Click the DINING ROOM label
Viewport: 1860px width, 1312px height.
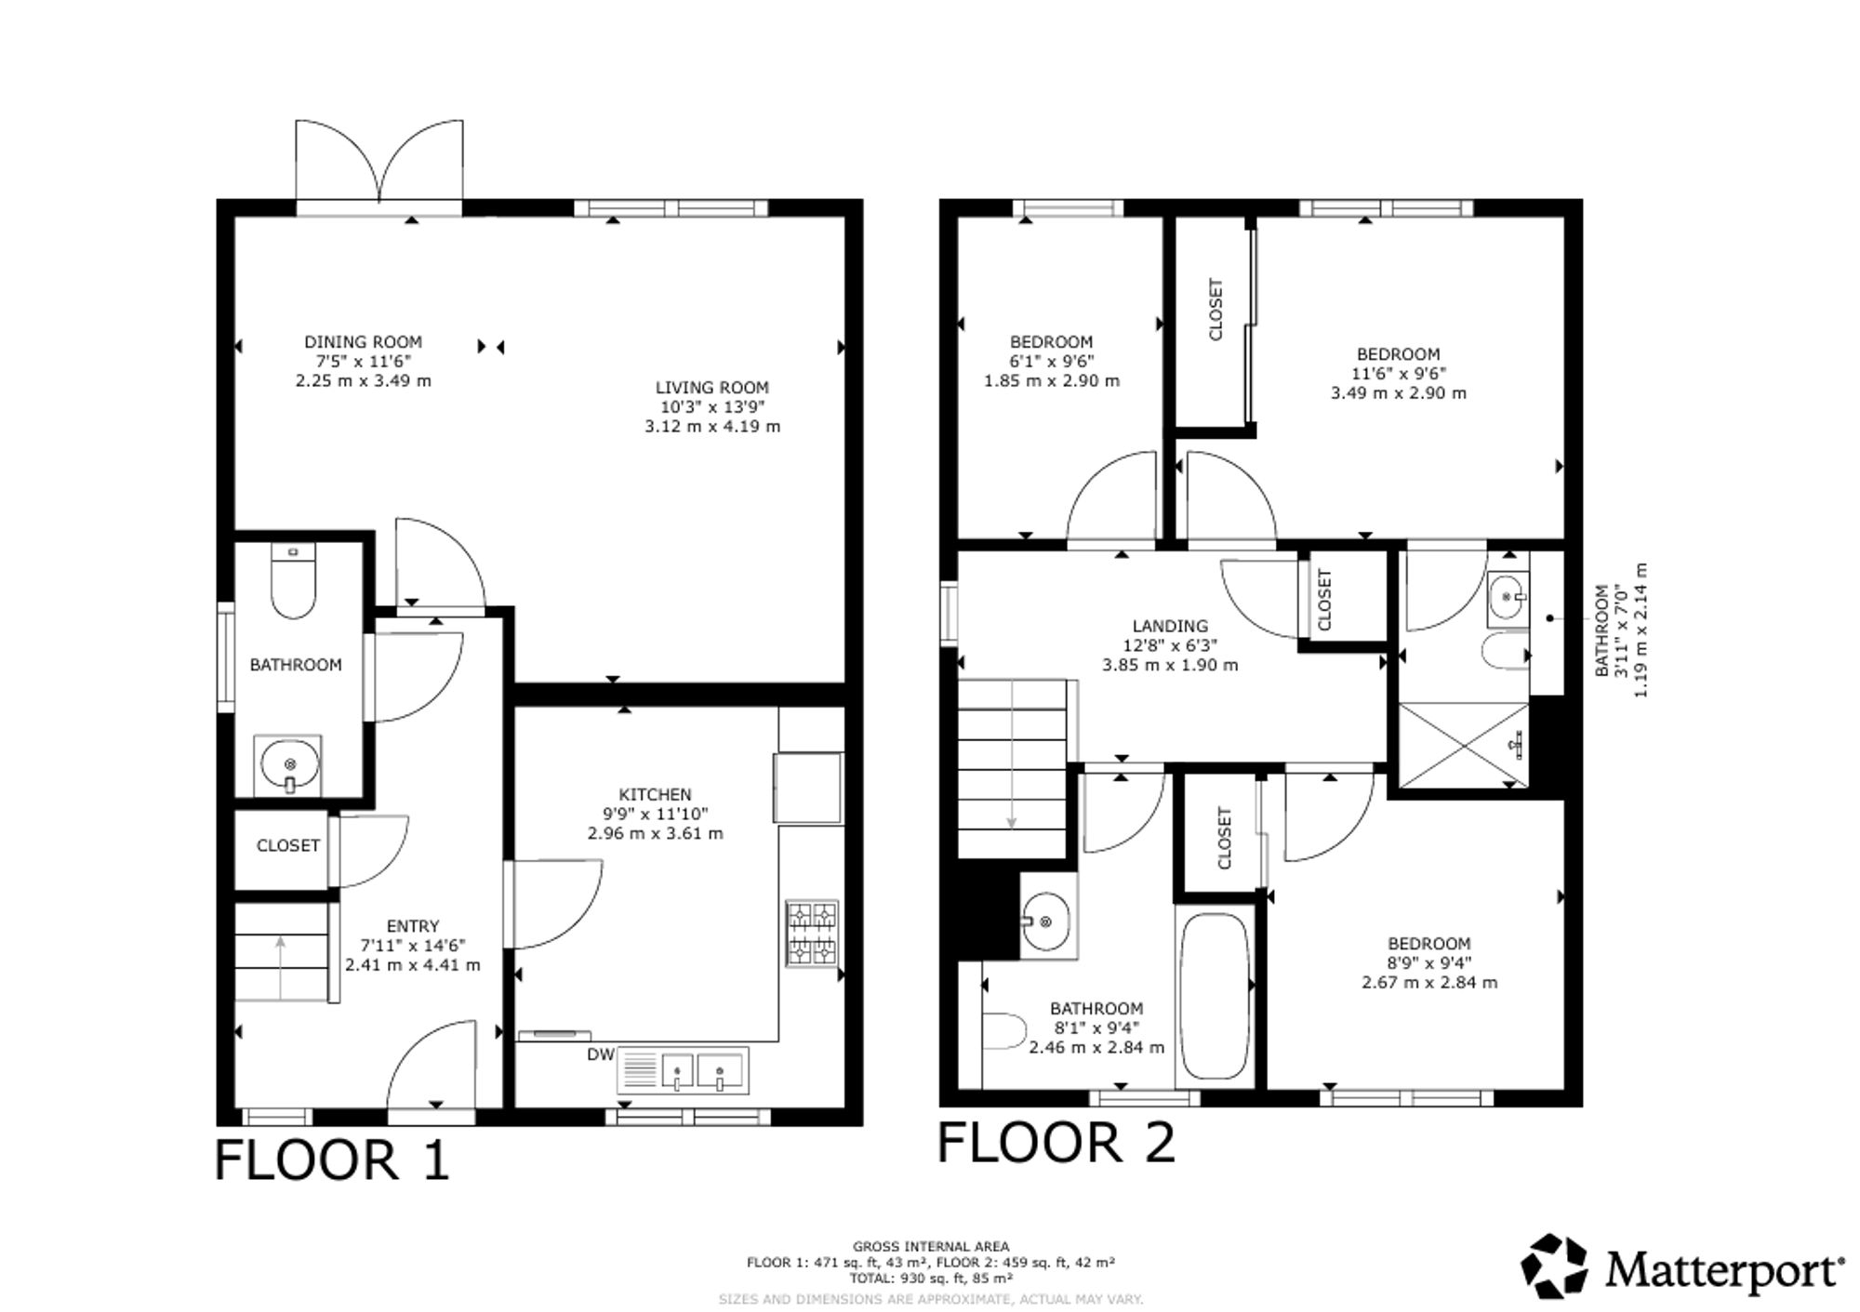click(x=363, y=342)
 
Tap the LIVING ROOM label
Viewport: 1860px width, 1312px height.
click(x=712, y=388)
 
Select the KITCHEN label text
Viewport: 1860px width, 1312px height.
click(x=656, y=794)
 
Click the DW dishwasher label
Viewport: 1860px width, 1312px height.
click(x=601, y=1054)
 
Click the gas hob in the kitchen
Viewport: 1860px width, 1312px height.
click(x=813, y=933)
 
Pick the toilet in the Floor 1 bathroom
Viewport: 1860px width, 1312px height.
click(x=293, y=580)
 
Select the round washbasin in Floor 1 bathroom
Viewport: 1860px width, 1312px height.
click(x=289, y=764)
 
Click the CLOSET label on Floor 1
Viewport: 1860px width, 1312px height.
click(x=288, y=845)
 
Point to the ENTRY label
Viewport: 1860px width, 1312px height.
click(x=413, y=926)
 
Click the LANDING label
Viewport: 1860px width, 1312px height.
click(x=1170, y=626)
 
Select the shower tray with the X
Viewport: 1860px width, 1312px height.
click(x=1463, y=746)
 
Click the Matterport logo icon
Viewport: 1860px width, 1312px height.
click(x=1553, y=1266)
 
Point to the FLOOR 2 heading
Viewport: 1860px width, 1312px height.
click(x=1056, y=1142)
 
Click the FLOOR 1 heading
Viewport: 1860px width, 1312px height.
click(x=332, y=1160)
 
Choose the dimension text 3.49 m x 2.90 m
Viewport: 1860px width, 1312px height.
click(x=1398, y=393)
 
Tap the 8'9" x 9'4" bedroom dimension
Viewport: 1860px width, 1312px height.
click(x=1429, y=963)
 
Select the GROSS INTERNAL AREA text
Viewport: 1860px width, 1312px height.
click(x=931, y=1247)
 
